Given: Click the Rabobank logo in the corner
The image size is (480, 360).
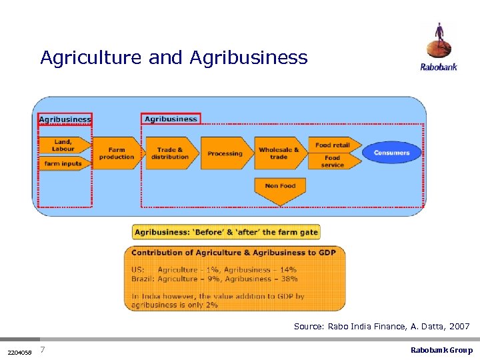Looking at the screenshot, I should click(x=438, y=47).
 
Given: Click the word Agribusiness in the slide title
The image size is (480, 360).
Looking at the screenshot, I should click(x=249, y=58).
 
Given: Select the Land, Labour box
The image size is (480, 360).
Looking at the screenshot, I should click(x=64, y=145).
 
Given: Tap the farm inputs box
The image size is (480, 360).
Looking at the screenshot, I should click(x=64, y=163).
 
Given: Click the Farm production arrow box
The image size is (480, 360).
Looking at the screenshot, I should click(x=117, y=153).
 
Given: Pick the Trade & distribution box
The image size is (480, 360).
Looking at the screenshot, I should click(x=171, y=153).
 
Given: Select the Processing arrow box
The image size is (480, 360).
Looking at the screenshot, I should click(x=225, y=153).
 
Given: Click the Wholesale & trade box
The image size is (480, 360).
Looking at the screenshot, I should click(x=279, y=153).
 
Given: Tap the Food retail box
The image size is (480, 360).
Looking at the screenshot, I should click(x=333, y=145).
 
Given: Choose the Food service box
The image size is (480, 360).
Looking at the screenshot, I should click(x=333, y=161).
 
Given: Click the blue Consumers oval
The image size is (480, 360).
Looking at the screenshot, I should click(x=391, y=153).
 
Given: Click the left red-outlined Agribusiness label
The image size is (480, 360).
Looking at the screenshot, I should click(x=65, y=119).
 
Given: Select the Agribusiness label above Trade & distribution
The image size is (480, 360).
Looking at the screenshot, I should click(x=171, y=119).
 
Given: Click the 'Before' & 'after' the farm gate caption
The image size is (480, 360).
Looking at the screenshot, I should click(x=226, y=232).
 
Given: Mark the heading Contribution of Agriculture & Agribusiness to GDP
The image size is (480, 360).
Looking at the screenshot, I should click(x=233, y=253).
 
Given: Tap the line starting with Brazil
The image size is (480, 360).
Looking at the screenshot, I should click(x=214, y=279).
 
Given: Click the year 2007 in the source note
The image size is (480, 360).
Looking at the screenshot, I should click(x=459, y=327).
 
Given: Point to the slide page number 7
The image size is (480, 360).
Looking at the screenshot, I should click(x=43, y=350).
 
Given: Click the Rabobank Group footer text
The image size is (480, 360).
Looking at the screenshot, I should click(x=441, y=350).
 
